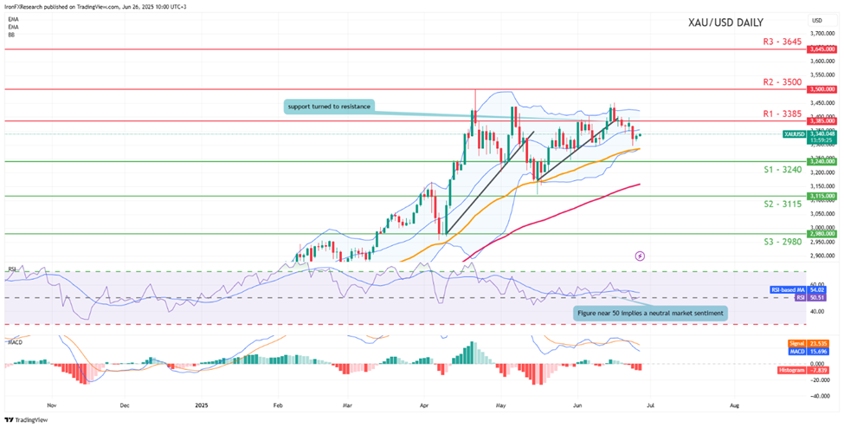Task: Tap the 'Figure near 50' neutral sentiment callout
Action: [648, 312]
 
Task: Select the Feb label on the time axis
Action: [278, 405]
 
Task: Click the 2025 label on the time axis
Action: [202, 405]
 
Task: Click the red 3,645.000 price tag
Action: [821, 49]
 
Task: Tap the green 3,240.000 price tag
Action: [821, 161]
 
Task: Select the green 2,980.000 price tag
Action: [821, 233]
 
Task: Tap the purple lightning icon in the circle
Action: [640, 256]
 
